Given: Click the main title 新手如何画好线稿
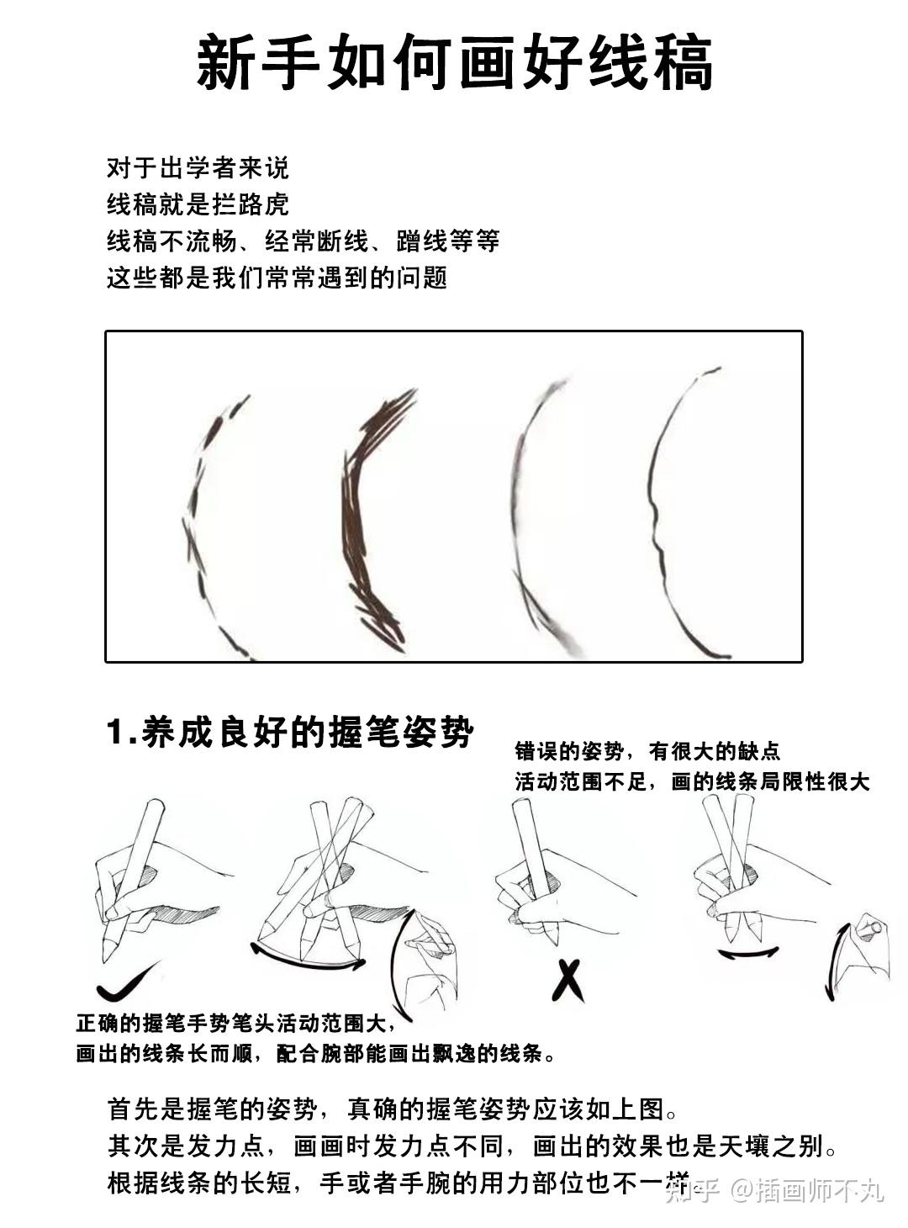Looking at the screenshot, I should [x=454, y=63].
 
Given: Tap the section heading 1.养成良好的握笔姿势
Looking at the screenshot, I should [x=290, y=732].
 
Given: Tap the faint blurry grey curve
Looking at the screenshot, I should [x=525, y=513].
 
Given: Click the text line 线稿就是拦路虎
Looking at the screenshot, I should [x=198, y=204].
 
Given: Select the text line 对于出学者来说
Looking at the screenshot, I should [x=198, y=167].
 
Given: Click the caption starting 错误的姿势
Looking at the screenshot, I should [x=647, y=750].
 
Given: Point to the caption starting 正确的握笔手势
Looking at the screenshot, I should [x=235, y=1024].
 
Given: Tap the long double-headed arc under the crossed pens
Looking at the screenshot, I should [x=307, y=959].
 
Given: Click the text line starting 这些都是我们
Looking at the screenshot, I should [x=277, y=278].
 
